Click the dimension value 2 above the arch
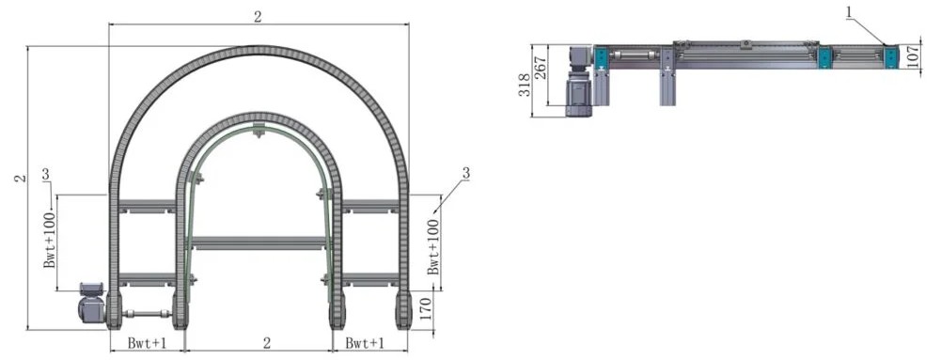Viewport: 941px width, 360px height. pyautogui.click(x=258, y=17)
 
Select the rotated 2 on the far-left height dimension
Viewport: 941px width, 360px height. pyautogui.click(x=20, y=179)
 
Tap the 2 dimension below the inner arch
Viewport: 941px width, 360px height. pyautogui.click(x=267, y=342)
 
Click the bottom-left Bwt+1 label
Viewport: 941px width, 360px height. pyautogui.click(x=147, y=342)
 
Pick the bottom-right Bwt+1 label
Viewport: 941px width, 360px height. pyautogui.click(x=365, y=342)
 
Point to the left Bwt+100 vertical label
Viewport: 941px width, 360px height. pyautogui.click(x=51, y=239)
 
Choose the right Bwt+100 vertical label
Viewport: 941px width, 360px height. pyautogui.click(x=433, y=246)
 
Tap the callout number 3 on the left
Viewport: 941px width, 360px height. pyautogui.click(x=47, y=174)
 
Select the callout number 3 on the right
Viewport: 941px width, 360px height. pyautogui.click(x=465, y=173)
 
